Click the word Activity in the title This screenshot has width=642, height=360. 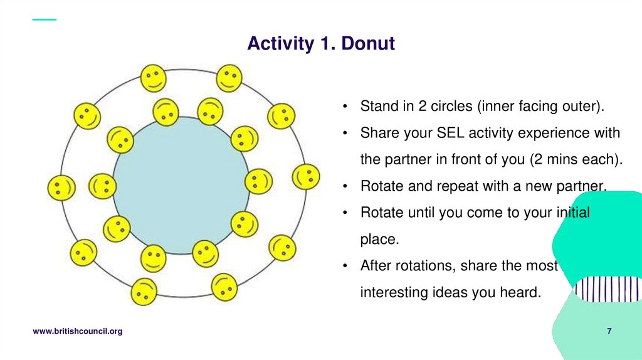[x=279, y=44]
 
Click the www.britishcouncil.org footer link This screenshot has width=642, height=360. [x=77, y=331]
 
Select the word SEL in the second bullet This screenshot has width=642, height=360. [x=452, y=133]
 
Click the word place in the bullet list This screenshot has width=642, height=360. [x=379, y=239]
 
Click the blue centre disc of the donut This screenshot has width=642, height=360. [x=181, y=185]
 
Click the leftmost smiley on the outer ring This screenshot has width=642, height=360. [x=61, y=188]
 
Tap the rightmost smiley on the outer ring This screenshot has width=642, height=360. [x=306, y=177]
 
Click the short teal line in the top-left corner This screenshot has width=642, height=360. [x=44, y=19]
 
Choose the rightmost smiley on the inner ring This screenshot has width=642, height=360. [x=258, y=181]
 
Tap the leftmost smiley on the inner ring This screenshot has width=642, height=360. [x=102, y=186]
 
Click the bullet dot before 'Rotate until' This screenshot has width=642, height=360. [x=345, y=213]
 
